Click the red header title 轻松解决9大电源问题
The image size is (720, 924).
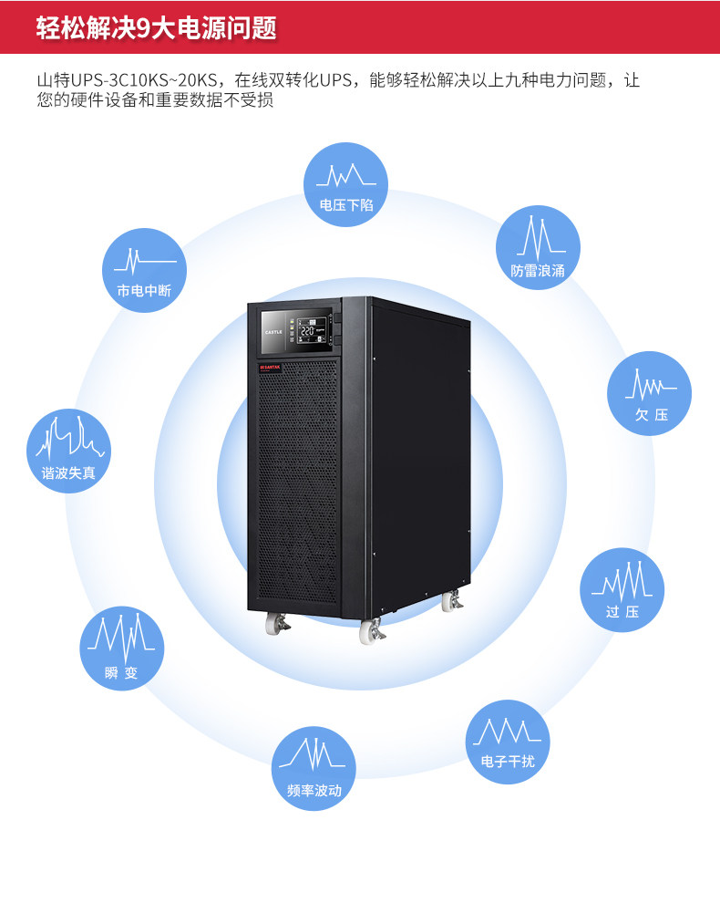[156, 27]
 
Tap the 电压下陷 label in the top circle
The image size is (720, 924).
[345, 205]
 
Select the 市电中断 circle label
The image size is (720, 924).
[144, 291]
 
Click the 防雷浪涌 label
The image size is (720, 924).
[538, 270]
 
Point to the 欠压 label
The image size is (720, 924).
[651, 415]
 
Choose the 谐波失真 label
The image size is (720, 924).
[68, 472]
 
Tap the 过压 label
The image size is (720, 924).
[622, 611]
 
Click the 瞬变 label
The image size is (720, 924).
[121, 673]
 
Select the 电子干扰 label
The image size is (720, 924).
[508, 761]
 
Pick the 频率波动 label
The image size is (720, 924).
[314, 790]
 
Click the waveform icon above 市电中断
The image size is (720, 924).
[144, 260]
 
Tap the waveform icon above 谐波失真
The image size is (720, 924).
[68, 440]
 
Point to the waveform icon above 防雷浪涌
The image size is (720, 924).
[538, 237]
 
